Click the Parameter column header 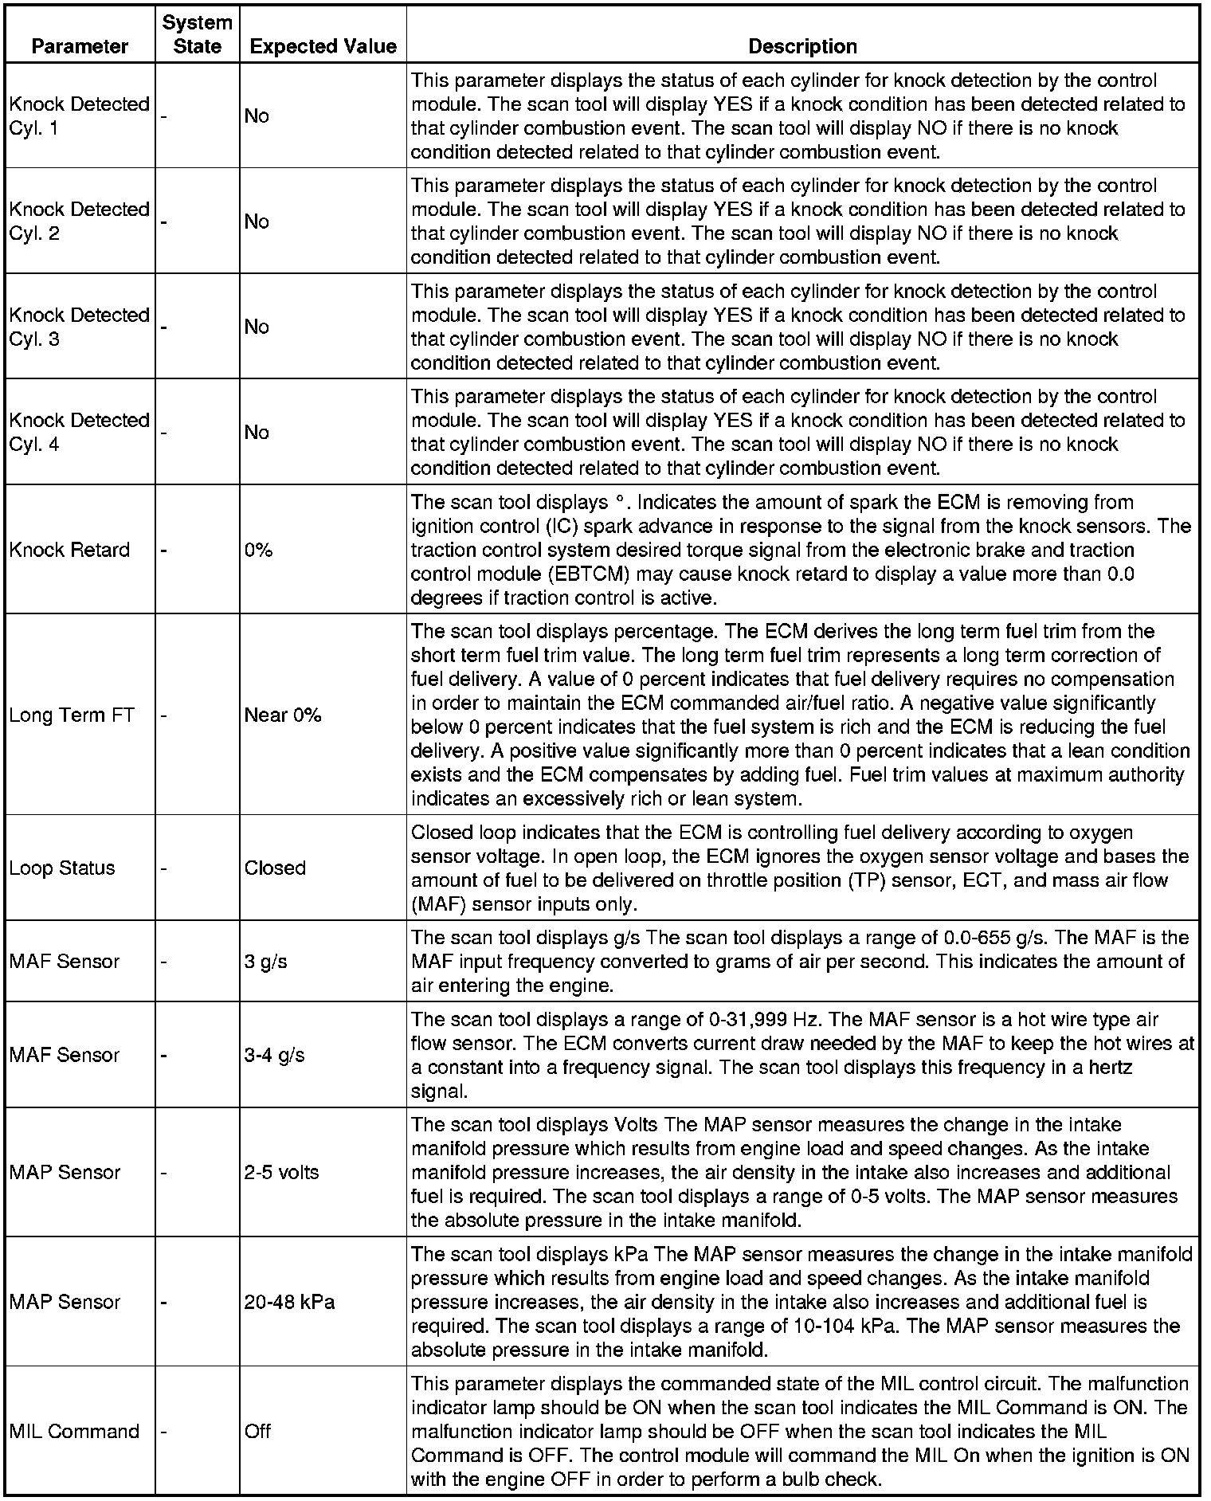click(80, 46)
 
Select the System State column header click(197, 34)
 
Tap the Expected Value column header click(323, 46)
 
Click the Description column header click(802, 46)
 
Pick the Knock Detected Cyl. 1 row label click(79, 116)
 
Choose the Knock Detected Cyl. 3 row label click(79, 327)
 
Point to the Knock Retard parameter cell click(69, 550)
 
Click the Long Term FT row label click(72, 715)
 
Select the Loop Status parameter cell click(62, 868)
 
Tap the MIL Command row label click(74, 1431)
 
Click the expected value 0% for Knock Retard click(258, 550)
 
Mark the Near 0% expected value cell click(283, 715)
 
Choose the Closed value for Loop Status click(275, 868)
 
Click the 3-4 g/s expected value click(275, 1055)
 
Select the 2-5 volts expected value click(281, 1172)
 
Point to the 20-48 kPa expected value click(289, 1302)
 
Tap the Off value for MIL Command click(257, 1431)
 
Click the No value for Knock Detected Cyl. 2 click(257, 221)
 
